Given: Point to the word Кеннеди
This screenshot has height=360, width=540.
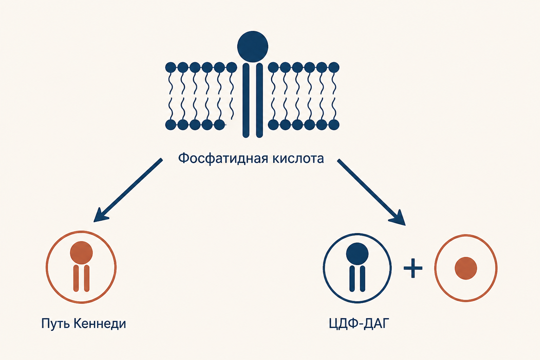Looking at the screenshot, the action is [99, 323].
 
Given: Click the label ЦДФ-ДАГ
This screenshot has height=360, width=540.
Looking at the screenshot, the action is [359, 323].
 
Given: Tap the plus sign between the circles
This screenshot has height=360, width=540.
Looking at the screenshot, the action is [413, 268].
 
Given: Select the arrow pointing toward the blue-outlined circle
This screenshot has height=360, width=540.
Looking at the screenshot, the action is [371, 192].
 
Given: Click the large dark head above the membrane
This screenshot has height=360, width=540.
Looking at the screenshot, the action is [253, 46].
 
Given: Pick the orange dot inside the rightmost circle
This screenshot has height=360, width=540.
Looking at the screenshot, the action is [466, 268].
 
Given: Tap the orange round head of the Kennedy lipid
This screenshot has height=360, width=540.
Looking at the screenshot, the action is [81, 252].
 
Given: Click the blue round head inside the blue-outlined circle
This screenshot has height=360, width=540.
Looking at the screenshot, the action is [357, 254].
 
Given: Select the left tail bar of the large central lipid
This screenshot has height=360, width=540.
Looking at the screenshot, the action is [246, 100].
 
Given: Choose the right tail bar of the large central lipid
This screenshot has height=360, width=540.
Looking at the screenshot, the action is [259, 100].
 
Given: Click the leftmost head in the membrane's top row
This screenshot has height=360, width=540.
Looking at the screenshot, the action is [171, 67].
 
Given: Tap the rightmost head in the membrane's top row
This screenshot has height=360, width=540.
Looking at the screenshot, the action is [334, 67].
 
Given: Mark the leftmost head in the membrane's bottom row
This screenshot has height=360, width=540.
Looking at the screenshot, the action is [171, 125].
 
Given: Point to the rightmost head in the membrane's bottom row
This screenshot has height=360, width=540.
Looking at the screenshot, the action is [334, 125].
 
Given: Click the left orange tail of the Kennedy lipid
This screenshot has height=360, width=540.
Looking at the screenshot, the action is [76, 278].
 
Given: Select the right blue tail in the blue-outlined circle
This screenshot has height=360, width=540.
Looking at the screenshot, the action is [362, 278].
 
